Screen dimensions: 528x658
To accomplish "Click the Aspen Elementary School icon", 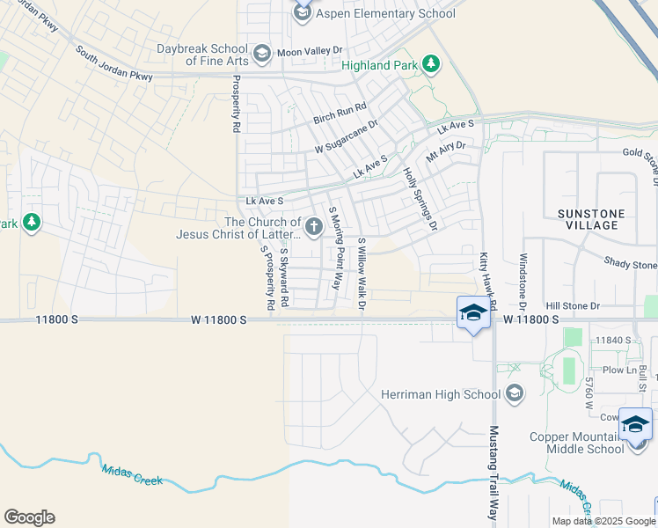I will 303,12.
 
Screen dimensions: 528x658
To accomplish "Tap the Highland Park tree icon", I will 430,63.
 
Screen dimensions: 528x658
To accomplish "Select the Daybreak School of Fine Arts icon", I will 261,55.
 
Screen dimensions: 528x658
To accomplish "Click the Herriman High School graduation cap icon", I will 515,393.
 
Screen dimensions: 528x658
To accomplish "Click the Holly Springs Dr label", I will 420,199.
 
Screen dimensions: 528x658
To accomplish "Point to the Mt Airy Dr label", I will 445,150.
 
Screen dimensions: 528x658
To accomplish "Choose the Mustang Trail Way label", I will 493,472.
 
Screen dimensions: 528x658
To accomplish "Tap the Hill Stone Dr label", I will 572,306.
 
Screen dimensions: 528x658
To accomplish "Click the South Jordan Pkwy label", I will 114,64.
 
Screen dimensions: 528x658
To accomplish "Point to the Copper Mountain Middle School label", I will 576,443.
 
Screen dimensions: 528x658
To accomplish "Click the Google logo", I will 29,517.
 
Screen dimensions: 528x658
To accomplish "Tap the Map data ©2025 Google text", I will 603,521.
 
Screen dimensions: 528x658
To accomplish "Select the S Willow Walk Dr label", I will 361,274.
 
